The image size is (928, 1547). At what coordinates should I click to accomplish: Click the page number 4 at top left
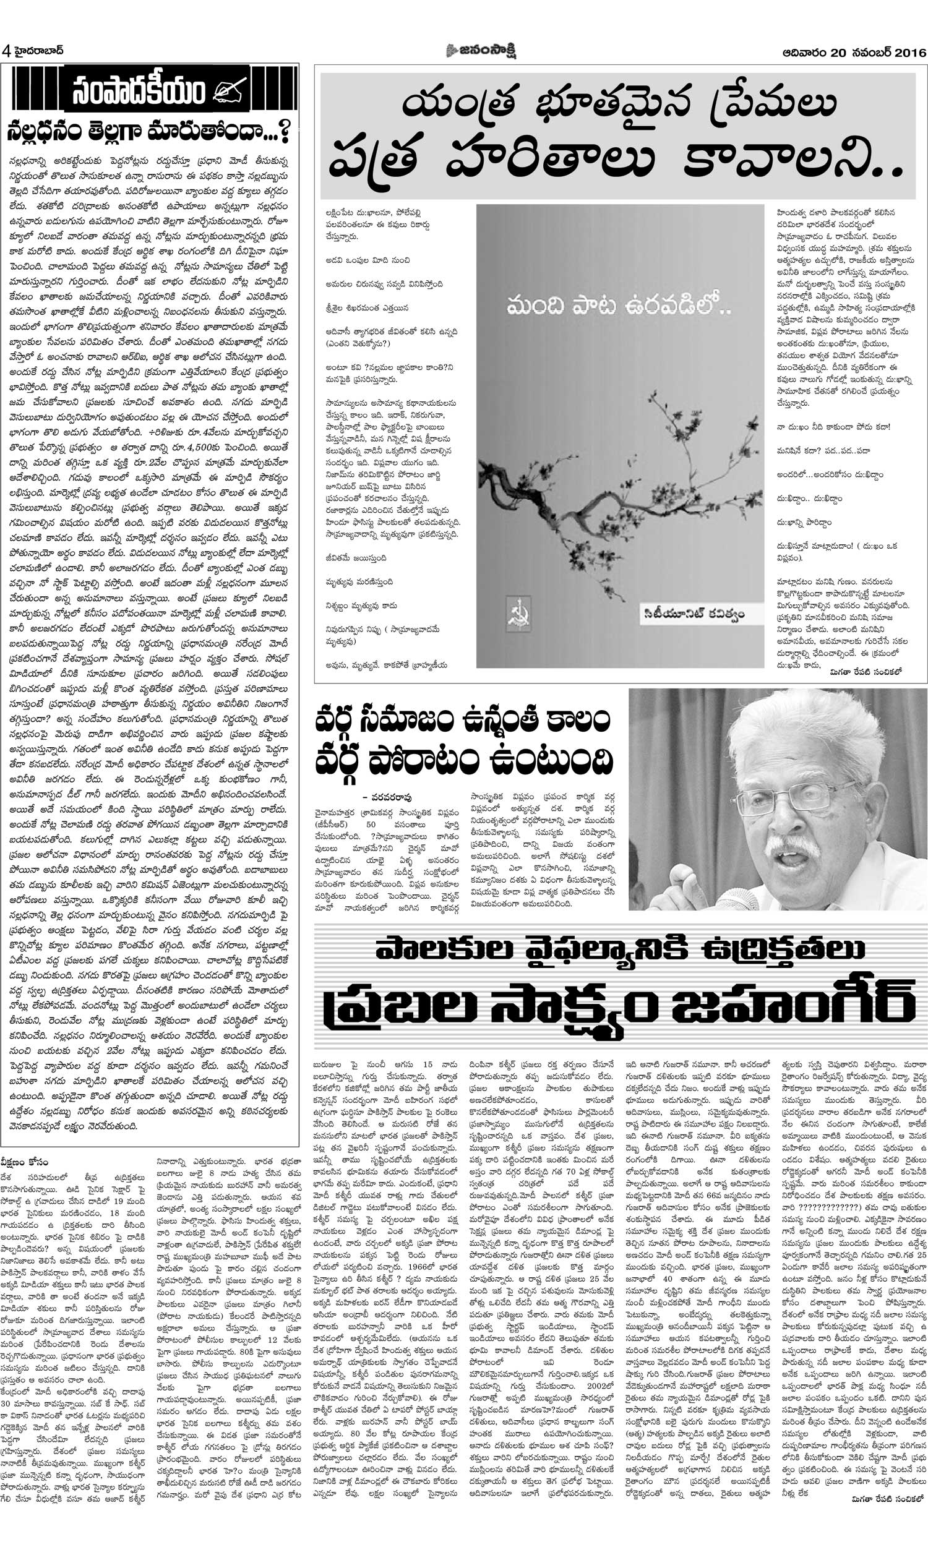pyautogui.click(x=6, y=51)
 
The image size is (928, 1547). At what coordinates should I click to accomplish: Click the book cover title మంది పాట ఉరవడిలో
pyautogui.click(x=619, y=306)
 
